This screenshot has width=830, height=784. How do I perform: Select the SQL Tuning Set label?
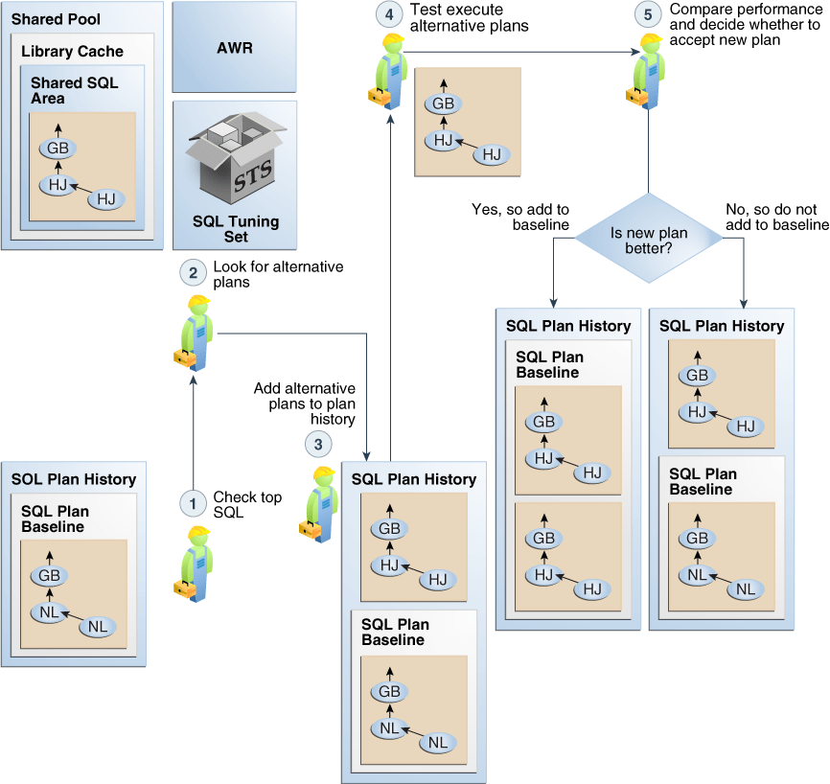(235, 229)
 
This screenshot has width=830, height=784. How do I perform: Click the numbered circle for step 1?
(194, 502)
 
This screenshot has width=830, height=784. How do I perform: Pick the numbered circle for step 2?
(194, 272)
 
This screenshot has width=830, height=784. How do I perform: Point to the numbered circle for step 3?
(318, 444)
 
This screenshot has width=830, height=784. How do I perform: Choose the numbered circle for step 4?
(389, 15)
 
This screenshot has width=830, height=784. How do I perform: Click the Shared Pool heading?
(56, 19)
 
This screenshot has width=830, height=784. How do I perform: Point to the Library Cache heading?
(72, 51)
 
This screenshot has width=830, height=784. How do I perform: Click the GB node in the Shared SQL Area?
(58, 150)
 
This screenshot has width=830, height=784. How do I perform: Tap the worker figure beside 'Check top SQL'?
(195, 565)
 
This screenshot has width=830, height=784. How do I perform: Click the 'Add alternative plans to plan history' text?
(304, 404)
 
